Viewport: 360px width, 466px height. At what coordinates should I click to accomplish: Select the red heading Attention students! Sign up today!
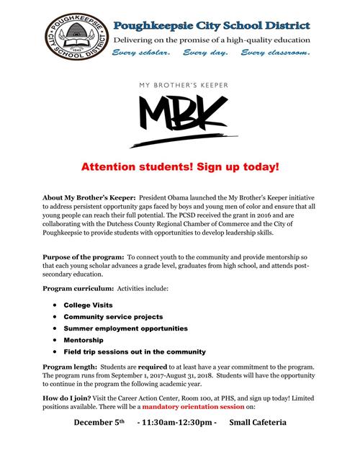click(179, 166)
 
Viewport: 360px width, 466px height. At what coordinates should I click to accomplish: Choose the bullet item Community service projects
click(113, 317)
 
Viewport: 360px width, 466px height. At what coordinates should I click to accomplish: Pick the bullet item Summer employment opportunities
click(126, 328)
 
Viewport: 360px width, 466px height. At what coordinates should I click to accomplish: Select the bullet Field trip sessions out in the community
click(135, 351)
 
